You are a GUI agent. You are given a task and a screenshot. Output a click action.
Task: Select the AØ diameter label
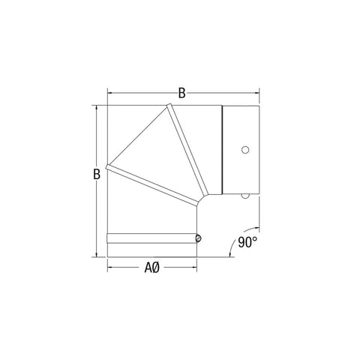click(152, 267)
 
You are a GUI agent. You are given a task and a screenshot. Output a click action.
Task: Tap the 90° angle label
click(247, 242)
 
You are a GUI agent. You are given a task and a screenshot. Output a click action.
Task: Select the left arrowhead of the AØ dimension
click(111, 268)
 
